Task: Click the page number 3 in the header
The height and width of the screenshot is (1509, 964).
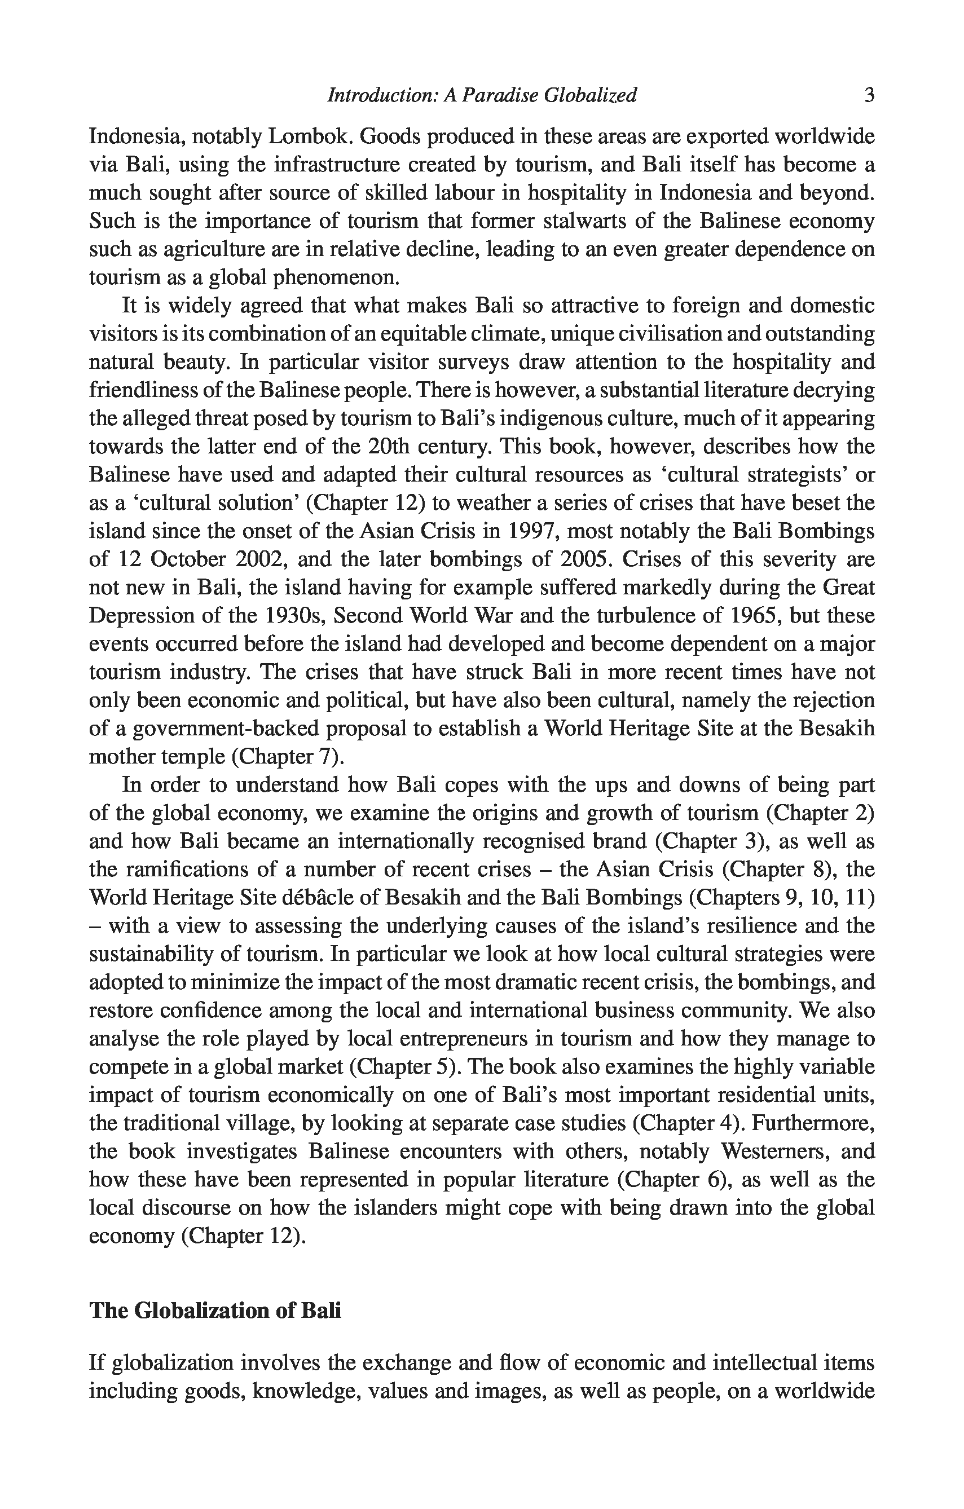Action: point(869,95)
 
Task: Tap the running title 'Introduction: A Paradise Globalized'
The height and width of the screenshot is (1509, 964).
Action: point(482,95)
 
